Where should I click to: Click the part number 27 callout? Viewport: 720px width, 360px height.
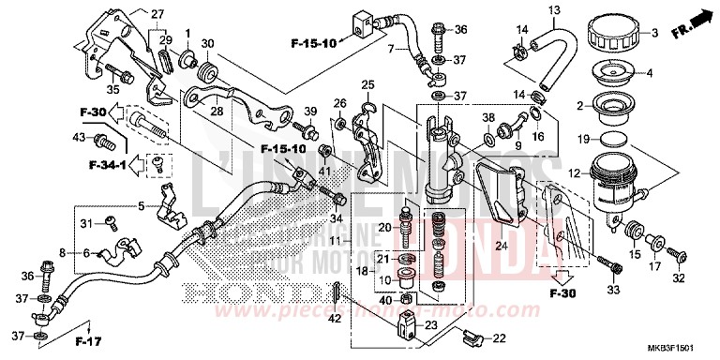coord(157,13)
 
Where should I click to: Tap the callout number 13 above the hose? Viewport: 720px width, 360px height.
coord(553,10)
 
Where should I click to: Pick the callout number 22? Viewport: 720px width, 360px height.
coord(500,337)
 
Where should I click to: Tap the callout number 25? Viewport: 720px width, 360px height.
coord(367,84)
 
